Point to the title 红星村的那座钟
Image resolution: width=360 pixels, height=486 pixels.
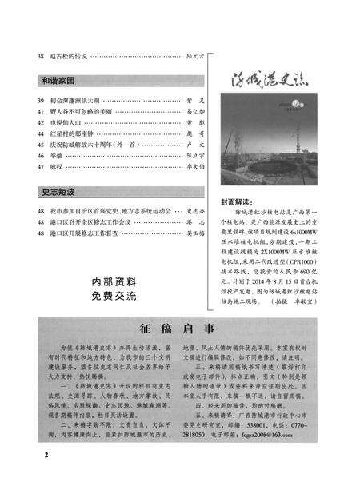pos(73,135)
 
